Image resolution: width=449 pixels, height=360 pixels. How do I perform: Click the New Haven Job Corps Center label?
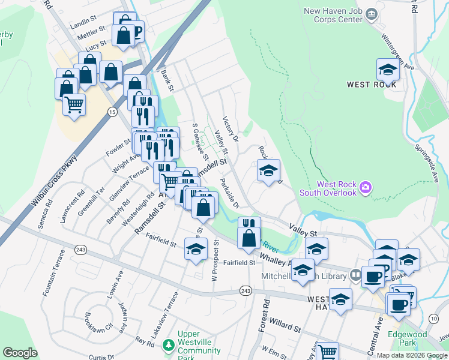pos(333,15)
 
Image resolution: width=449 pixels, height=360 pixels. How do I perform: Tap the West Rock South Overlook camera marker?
pos(365,189)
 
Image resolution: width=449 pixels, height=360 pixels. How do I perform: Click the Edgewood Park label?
pos(407,339)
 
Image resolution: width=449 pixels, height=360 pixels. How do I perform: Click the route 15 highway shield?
pos(112,112)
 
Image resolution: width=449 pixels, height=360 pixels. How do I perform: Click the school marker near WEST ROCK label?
pos(388,70)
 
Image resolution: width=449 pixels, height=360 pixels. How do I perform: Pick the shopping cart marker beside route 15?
pos(74,104)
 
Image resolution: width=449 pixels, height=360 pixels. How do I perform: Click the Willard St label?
pos(285,326)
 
